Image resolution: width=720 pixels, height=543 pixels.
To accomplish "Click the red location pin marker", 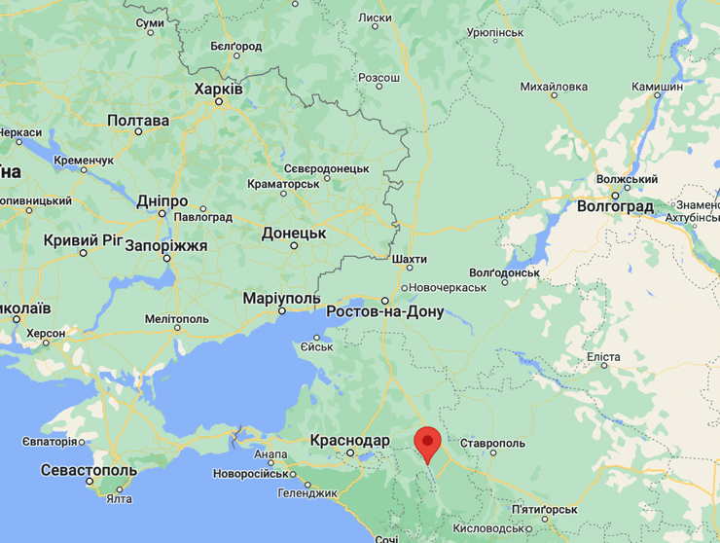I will click(426, 444).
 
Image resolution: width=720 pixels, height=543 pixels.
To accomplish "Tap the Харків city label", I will click(219, 89).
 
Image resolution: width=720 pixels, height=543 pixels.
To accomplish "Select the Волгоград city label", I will click(615, 207).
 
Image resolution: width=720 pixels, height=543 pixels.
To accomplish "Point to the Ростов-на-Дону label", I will click(384, 312).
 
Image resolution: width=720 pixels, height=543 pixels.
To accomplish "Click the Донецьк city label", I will click(293, 234).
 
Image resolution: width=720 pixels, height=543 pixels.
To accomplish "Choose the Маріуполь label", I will click(281, 297).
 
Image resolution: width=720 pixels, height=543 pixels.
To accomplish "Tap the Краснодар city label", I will click(349, 440).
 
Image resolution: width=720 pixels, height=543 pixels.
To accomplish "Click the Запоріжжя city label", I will click(166, 246).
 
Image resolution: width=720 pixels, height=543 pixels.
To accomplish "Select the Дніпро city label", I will click(162, 200).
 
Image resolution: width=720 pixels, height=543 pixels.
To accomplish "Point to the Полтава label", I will click(137, 121).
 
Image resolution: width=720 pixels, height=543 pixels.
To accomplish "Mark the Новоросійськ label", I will click(251, 474).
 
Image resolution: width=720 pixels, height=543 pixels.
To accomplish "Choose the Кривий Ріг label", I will click(84, 239).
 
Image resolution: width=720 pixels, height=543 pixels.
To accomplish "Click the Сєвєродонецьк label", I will click(326, 168).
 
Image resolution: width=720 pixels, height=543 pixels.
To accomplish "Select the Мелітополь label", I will click(176, 318).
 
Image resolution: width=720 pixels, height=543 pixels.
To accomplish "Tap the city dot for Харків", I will click(219, 101).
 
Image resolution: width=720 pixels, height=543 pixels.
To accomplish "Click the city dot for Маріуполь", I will click(281, 310).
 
